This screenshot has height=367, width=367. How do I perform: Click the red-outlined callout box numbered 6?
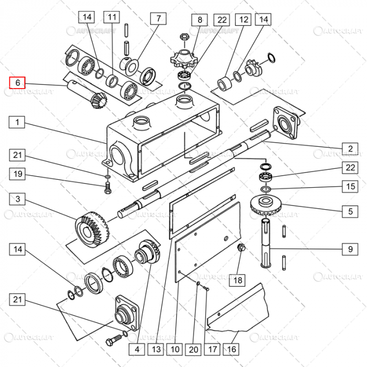click(x=17, y=83)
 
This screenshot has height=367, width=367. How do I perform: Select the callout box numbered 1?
click(x=17, y=122)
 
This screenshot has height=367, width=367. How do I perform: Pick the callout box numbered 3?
click(x=17, y=199)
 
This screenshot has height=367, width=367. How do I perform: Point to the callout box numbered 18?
click(x=238, y=280)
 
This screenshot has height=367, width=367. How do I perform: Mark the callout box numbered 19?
click(x=17, y=174)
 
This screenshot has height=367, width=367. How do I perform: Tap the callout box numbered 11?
click(x=111, y=17)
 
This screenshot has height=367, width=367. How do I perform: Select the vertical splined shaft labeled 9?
click(x=267, y=244)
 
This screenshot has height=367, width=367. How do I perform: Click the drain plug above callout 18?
click(x=242, y=247)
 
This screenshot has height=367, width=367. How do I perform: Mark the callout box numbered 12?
click(x=243, y=20)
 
